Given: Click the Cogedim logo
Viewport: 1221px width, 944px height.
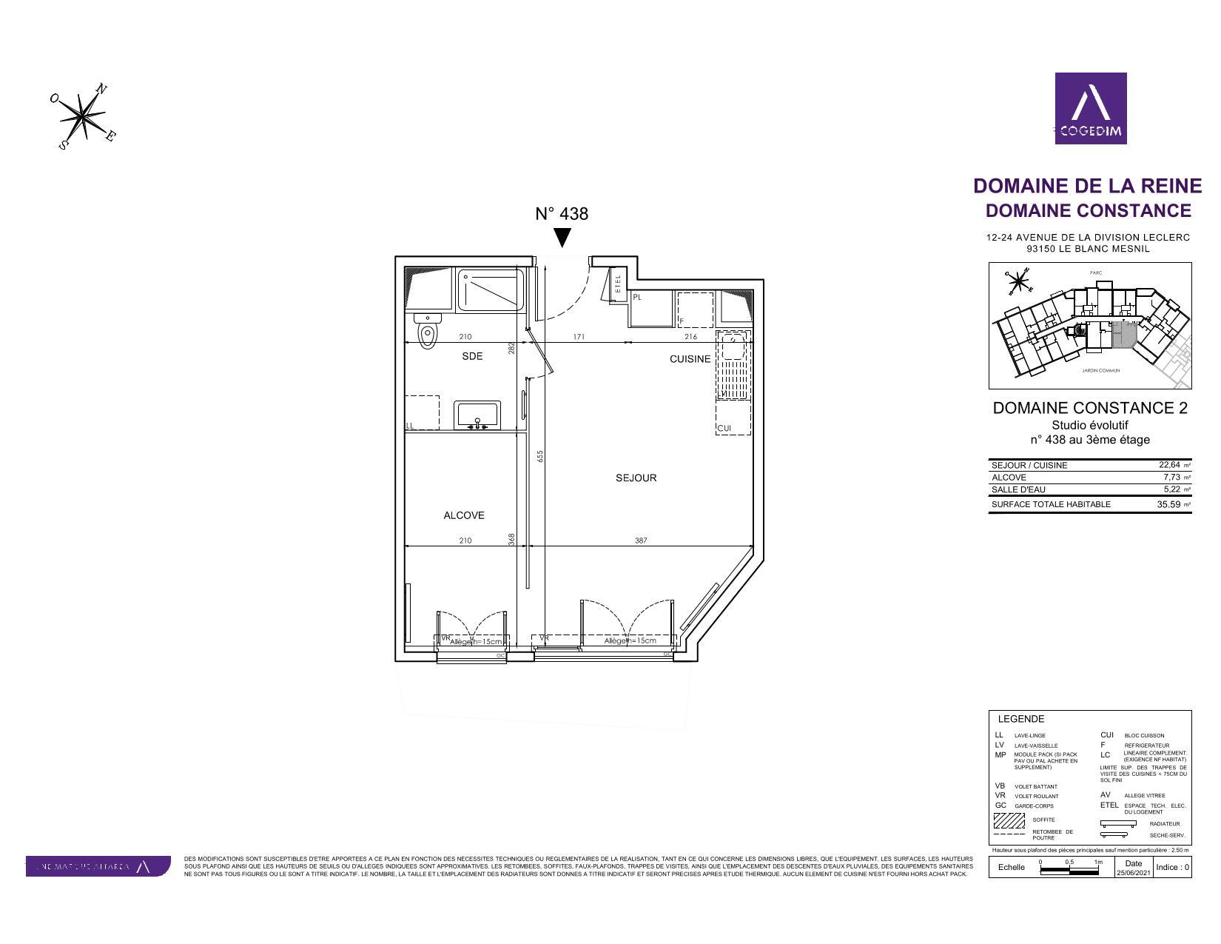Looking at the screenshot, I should [x=1090, y=108].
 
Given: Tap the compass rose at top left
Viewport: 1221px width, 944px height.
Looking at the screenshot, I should [x=84, y=116].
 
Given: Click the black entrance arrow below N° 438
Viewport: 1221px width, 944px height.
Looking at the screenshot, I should [x=562, y=238].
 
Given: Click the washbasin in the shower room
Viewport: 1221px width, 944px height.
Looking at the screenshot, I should [x=477, y=415].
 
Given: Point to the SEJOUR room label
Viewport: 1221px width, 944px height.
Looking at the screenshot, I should [x=636, y=478].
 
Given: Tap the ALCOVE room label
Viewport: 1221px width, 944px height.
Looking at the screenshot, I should [x=464, y=515].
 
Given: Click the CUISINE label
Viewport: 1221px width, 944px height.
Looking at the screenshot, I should [x=690, y=359].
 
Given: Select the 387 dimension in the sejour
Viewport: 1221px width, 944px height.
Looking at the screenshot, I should [x=641, y=540].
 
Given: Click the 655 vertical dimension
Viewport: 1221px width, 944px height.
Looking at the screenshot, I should [x=540, y=457].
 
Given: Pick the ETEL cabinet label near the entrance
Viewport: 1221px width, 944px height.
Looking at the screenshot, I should [x=618, y=284].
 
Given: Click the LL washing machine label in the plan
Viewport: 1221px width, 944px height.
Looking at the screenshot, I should [x=410, y=426].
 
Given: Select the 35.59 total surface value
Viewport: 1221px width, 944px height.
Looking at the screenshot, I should [x=1168, y=505].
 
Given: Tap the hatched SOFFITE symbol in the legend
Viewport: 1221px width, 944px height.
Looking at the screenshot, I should [x=1009, y=821].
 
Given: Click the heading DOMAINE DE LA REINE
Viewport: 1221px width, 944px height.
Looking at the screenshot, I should [x=1087, y=186].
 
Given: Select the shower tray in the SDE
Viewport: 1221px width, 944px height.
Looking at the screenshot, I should [x=490, y=290].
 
